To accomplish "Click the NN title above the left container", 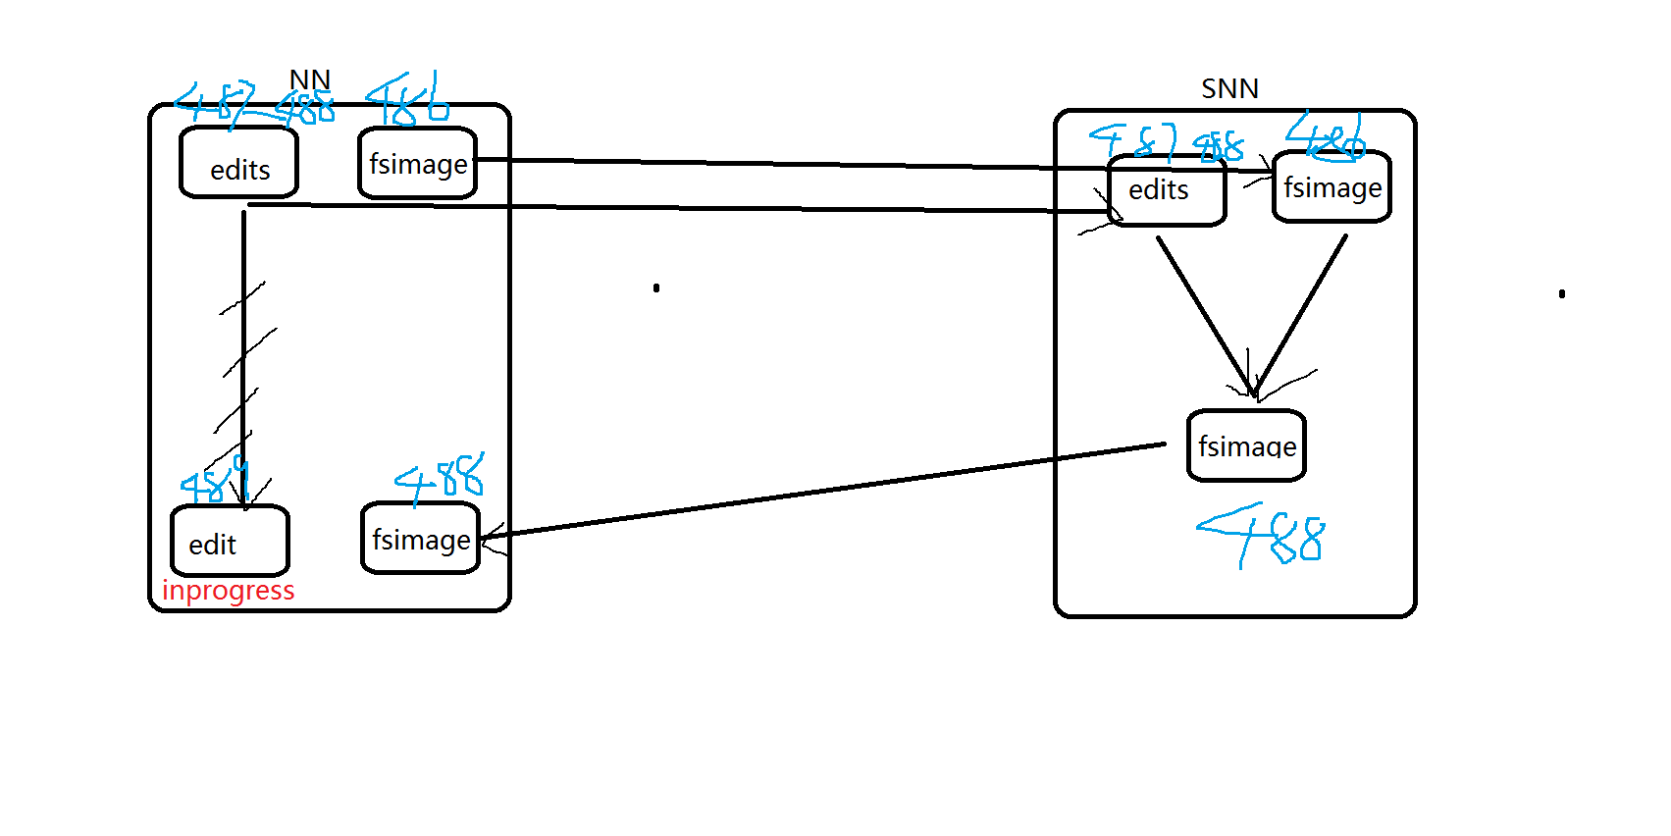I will pyautogui.click(x=309, y=79).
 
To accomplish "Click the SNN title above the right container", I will pyautogui.click(x=1229, y=89).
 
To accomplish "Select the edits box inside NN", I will pyautogui.click(x=238, y=164).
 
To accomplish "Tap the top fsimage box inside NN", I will pyautogui.click(x=417, y=164).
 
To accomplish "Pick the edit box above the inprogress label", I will pyautogui.click(x=230, y=542).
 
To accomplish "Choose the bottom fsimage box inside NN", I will pyautogui.click(x=420, y=539).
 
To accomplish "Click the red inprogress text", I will pyautogui.click(x=228, y=591).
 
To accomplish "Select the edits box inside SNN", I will pyautogui.click(x=1166, y=191).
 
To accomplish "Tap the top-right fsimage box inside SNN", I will pyautogui.click(x=1332, y=187).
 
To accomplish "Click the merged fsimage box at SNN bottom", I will pyautogui.click(x=1246, y=446).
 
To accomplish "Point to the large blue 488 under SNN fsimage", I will pyautogui.click(x=1266, y=536).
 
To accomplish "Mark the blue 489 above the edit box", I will pyautogui.click(x=214, y=481).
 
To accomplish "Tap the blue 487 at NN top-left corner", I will pyautogui.click(x=216, y=101).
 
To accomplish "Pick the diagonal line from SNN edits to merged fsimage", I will pyautogui.click(x=1205, y=314).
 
